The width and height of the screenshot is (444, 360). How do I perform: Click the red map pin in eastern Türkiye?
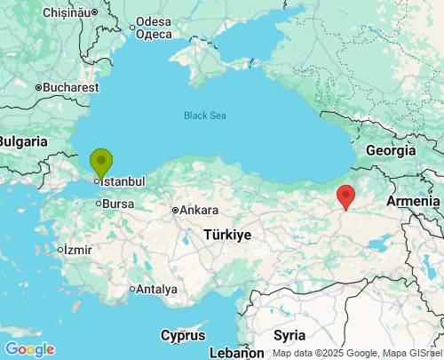pyautogui.click(x=346, y=196)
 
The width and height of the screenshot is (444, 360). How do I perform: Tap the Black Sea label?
pyautogui.click(x=206, y=116)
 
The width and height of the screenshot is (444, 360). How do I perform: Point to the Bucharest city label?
pyautogui.click(x=68, y=88)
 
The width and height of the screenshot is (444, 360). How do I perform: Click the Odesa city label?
pyautogui.click(x=154, y=21)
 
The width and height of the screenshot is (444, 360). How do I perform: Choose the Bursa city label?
pyautogui.click(x=117, y=204)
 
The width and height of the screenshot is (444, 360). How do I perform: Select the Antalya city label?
pyautogui.click(x=156, y=289)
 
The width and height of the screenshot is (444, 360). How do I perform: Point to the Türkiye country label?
pyautogui.click(x=227, y=235)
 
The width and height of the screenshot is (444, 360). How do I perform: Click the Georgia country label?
pyautogui.click(x=391, y=150)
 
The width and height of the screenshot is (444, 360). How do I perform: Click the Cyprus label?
pyautogui.click(x=183, y=335)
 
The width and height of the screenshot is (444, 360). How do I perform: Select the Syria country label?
pyautogui.click(x=289, y=335)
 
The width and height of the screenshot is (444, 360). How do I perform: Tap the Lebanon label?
pyautogui.click(x=237, y=353)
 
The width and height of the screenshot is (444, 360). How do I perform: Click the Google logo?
pyautogui.click(x=29, y=349)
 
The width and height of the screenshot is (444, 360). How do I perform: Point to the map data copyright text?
pyautogui.click(x=357, y=353)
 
